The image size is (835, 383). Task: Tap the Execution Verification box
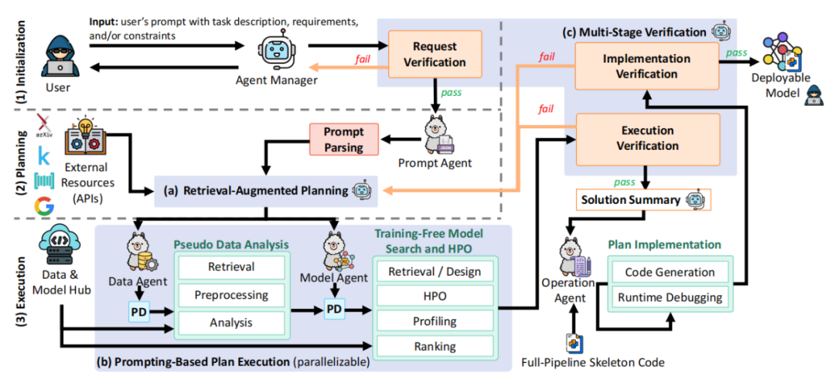tap(647, 138)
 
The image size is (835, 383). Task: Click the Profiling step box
tap(434, 320)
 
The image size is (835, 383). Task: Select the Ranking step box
tap(434, 347)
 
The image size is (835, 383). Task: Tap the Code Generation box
tap(670, 272)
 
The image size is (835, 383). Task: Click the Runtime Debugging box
tap(670, 297)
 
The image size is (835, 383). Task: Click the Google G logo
tap(45, 207)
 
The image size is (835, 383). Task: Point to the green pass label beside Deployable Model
tap(735, 51)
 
